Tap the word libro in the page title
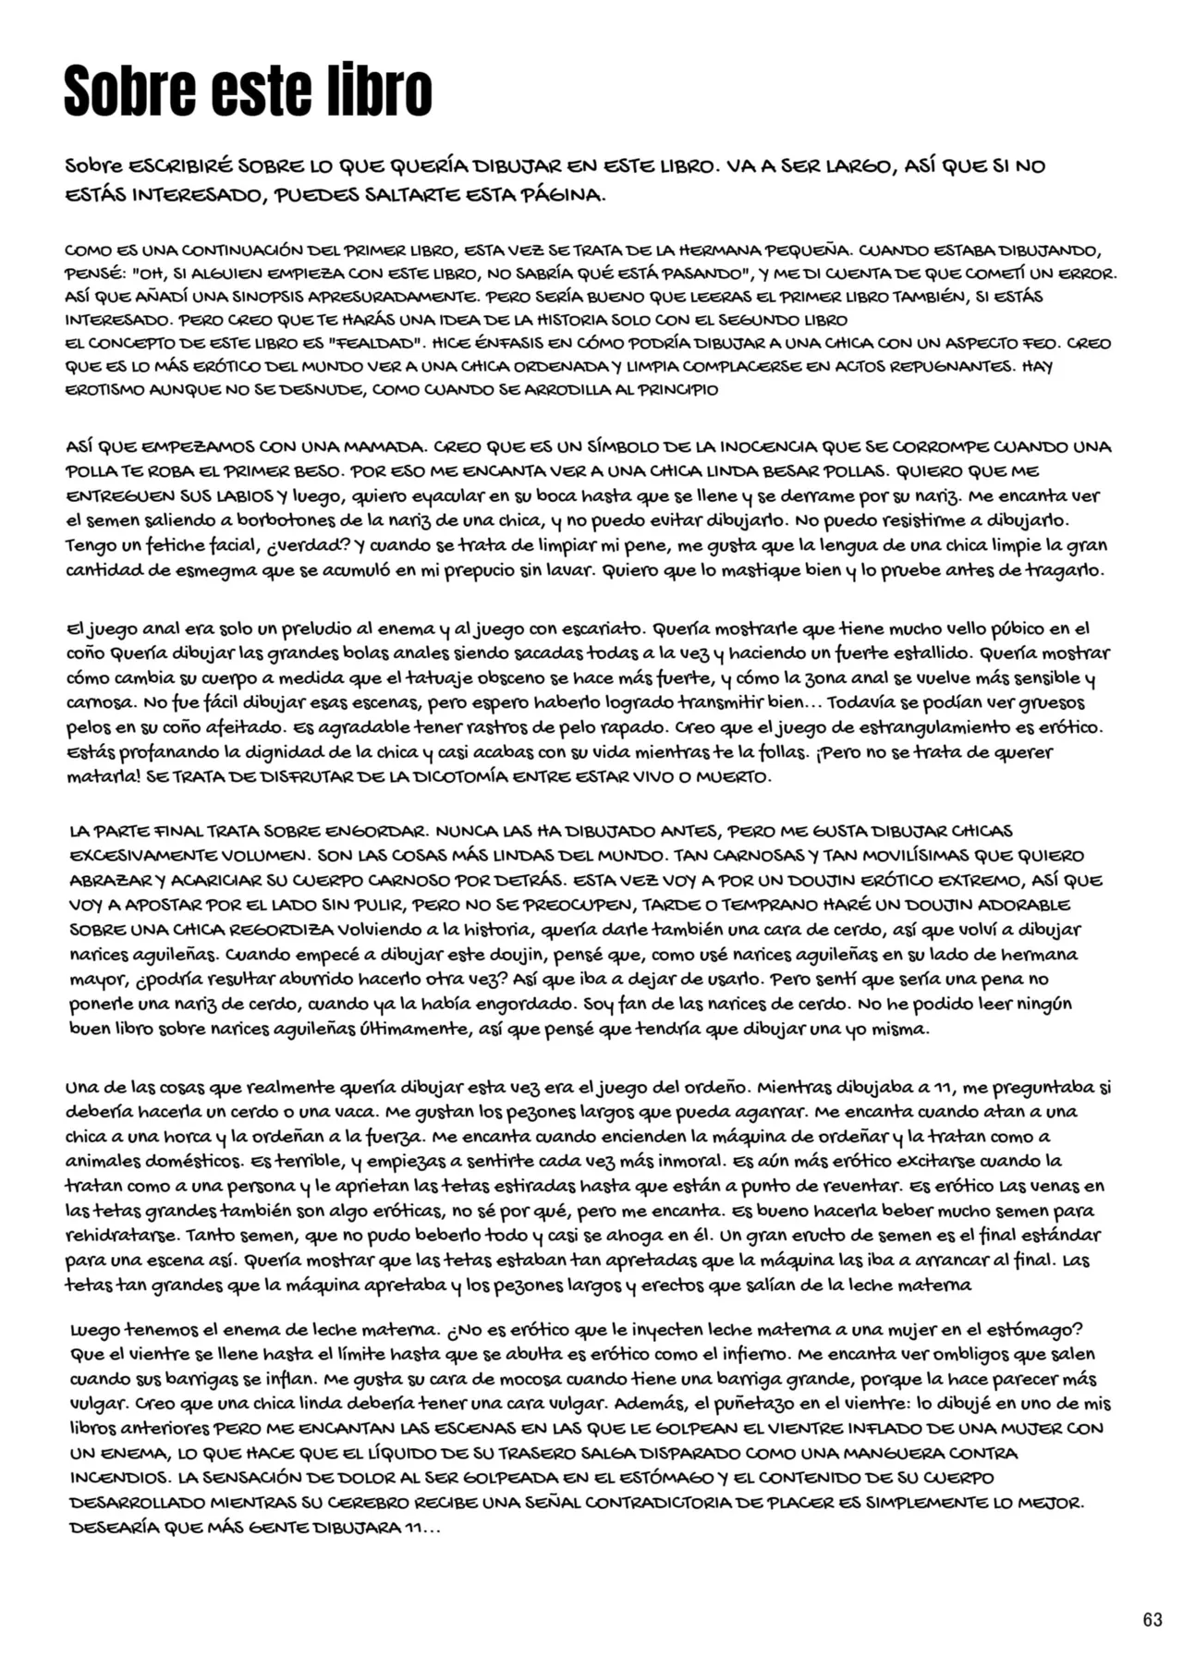tap(379, 91)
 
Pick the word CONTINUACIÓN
tap(243, 250)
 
